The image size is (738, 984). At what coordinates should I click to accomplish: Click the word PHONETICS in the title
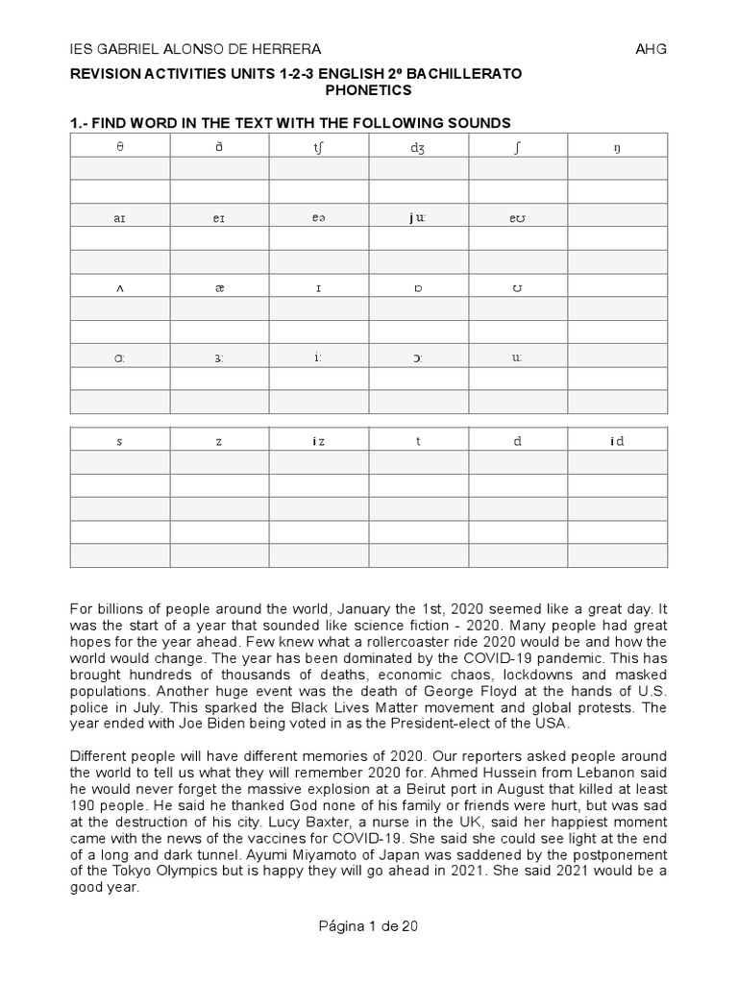[368, 90]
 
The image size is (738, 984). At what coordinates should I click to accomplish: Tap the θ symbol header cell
[119, 145]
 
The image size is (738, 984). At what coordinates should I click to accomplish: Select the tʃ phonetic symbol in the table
[318, 145]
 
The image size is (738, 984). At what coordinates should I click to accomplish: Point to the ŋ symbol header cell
[616, 145]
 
